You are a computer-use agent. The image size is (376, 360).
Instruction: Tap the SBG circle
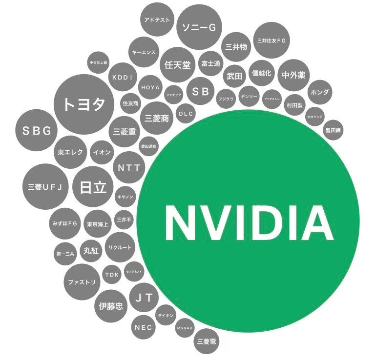(37, 130)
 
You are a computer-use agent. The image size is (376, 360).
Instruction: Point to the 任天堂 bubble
(178, 64)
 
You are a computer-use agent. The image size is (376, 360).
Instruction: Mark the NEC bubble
(144, 327)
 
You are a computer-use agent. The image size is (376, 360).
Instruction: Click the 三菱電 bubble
(207, 341)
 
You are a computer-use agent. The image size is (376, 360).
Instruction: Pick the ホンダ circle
(320, 92)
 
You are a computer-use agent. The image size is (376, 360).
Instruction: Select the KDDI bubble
(123, 78)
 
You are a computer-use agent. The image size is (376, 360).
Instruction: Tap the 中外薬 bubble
(293, 75)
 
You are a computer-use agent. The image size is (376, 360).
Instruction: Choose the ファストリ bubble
(82, 282)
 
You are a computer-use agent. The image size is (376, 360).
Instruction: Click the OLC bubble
(186, 114)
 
